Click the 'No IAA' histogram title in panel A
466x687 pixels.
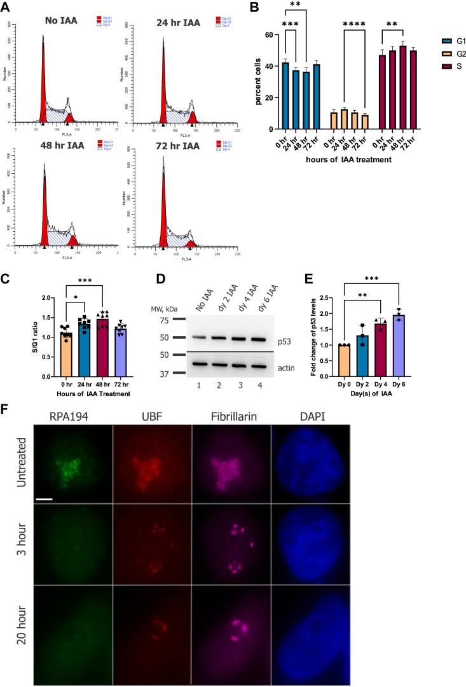[62, 21]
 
